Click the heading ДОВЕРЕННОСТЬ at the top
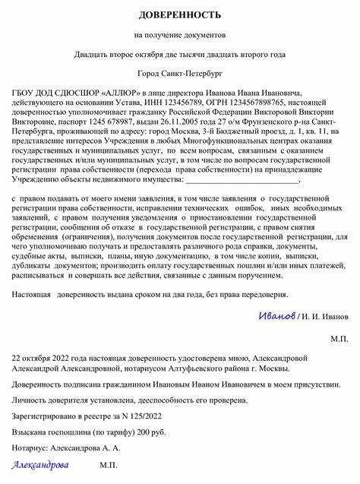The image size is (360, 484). (x=180, y=15)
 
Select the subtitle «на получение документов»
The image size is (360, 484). (x=180, y=35)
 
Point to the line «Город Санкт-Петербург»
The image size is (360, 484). (x=180, y=74)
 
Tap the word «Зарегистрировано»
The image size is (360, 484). (x=46, y=416)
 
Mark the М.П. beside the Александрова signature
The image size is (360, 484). (x=109, y=465)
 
